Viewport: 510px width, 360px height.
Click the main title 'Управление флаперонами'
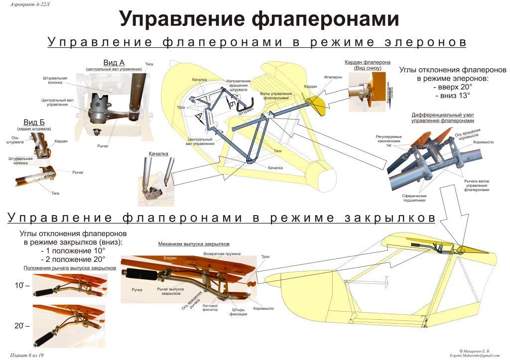(x=258, y=19)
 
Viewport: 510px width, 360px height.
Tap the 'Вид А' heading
(x=114, y=63)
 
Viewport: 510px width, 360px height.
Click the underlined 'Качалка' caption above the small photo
(x=158, y=154)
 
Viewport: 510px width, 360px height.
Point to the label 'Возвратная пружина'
(x=222, y=254)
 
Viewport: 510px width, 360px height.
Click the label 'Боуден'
(x=170, y=258)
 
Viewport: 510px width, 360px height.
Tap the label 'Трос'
(x=266, y=257)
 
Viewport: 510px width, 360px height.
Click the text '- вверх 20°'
(x=453, y=87)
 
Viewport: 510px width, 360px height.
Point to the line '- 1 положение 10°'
(x=73, y=250)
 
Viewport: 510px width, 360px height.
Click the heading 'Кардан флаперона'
(x=367, y=62)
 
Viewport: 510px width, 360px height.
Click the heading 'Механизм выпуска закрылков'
(x=194, y=244)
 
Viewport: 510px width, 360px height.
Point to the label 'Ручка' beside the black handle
(x=137, y=289)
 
